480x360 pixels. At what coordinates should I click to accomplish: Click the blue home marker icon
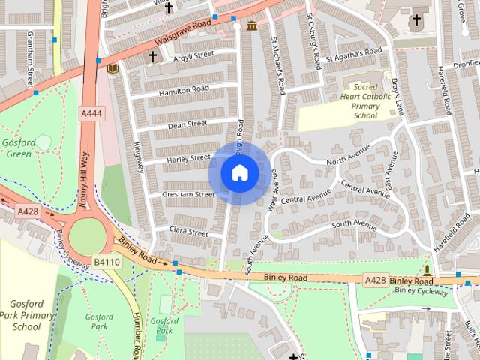pyautogui.click(x=239, y=172)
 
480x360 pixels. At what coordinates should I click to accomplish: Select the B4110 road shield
pyautogui.click(x=106, y=262)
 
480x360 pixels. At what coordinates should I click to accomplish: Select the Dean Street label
pyautogui.click(x=187, y=124)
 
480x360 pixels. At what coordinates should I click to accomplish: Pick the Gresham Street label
pyautogui.click(x=188, y=194)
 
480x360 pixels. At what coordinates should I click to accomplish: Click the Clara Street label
pyautogui.click(x=188, y=232)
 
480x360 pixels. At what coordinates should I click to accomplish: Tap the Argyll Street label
pyautogui.click(x=193, y=55)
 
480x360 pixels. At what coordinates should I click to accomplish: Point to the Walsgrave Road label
pyautogui.click(x=180, y=32)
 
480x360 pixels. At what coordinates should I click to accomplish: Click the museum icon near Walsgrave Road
pyautogui.click(x=251, y=26)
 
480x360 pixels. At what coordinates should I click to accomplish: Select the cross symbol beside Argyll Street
pyautogui.click(x=152, y=56)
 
